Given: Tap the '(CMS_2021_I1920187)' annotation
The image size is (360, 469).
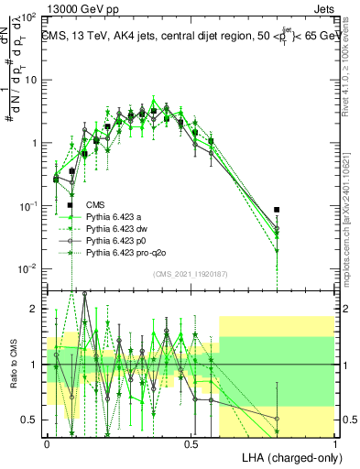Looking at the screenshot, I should (x=191, y=274).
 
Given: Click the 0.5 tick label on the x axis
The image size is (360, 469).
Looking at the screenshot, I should (x=191, y=442).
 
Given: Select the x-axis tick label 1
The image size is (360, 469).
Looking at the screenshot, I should (x=335, y=442).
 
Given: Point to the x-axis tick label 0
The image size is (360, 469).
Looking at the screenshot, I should (x=47, y=442).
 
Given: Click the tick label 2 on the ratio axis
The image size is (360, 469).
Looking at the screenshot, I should (x=35, y=309).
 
